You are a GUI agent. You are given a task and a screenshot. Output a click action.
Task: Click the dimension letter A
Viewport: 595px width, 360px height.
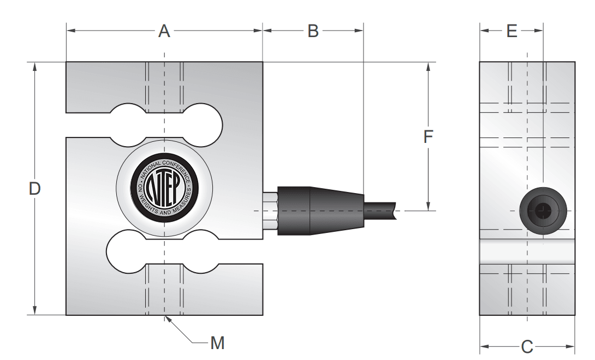coord(164,31)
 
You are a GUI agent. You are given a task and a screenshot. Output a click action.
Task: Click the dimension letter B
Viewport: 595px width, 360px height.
coord(313,31)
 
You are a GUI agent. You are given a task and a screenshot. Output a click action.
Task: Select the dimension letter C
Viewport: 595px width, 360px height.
coord(527,347)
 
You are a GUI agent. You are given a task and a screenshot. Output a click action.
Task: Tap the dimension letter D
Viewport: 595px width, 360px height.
coord(34,189)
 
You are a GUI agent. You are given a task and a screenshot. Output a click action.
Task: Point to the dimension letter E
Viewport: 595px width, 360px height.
coord(512,31)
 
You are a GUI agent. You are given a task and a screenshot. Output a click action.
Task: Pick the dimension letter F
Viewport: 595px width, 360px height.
coord(428,137)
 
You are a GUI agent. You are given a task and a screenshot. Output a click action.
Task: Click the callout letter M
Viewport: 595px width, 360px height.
coord(217,343)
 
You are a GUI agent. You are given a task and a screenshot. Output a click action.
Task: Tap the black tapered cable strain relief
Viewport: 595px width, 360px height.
coord(320,211)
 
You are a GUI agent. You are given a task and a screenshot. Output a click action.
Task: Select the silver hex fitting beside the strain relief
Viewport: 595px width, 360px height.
coord(270,211)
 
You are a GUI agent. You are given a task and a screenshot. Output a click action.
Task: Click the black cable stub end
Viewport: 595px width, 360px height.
coord(380,211)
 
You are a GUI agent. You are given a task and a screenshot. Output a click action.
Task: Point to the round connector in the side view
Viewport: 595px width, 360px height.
coord(543,211)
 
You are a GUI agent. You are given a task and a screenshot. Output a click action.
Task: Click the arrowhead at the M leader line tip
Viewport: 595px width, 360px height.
coord(168,319)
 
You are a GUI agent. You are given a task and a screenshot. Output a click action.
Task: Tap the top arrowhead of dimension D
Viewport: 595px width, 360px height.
coord(34,67)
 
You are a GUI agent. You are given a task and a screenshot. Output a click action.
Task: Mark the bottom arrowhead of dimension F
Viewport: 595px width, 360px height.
coord(428,206)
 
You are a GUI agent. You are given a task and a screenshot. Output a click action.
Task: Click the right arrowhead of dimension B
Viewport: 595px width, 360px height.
coord(359,31)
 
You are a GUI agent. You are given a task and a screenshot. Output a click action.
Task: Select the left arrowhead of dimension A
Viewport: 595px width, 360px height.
coord(72,31)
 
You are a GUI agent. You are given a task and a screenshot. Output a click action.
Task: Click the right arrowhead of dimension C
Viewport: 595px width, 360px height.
coord(570,346)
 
